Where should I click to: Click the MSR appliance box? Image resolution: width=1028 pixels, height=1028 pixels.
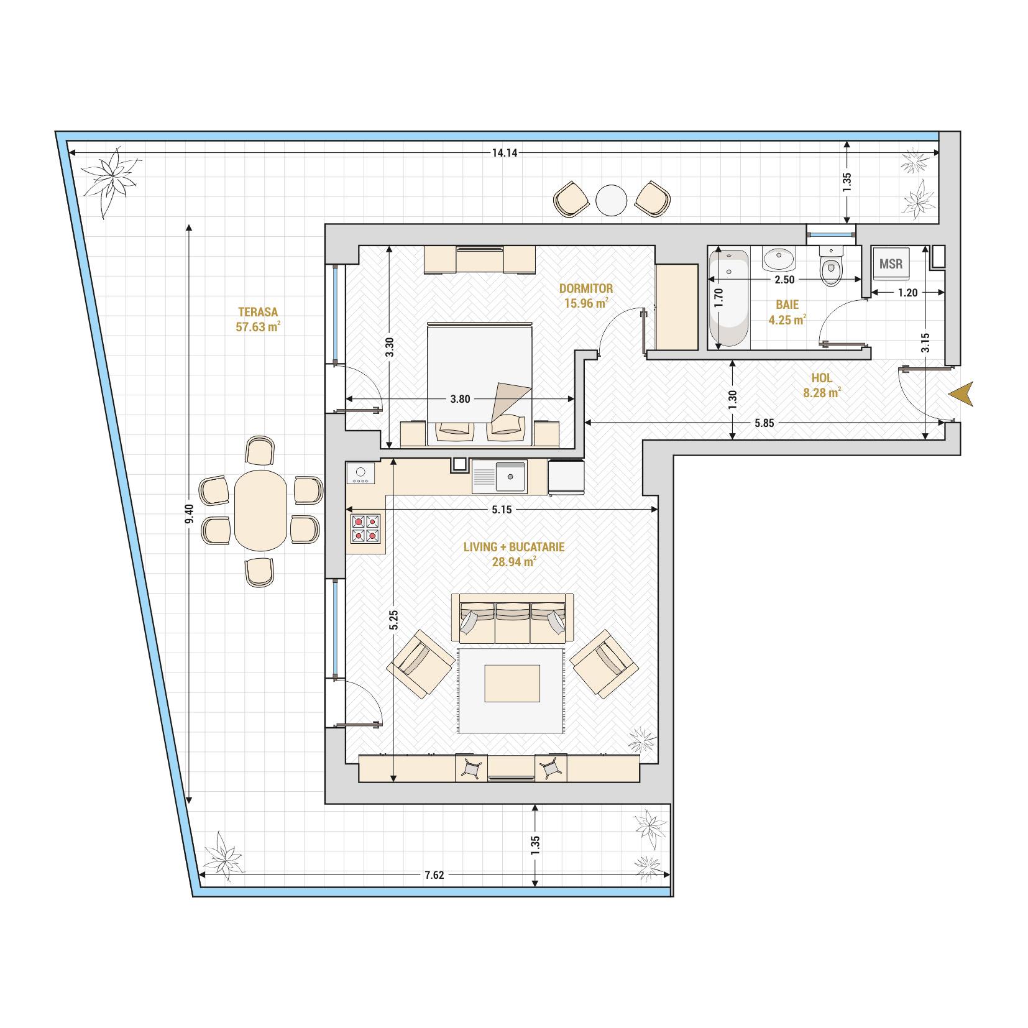click(x=891, y=264)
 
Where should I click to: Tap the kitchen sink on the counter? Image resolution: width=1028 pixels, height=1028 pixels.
click(x=499, y=477)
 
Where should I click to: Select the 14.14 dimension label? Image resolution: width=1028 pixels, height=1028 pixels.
click(x=505, y=153)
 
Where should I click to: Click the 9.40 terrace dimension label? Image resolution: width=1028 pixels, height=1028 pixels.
click(x=190, y=513)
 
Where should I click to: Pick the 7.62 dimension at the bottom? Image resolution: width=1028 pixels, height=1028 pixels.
click(x=434, y=875)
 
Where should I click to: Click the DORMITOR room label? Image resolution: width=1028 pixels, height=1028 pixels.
click(x=586, y=288)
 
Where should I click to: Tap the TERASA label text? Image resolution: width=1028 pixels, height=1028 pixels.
click(x=258, y=312)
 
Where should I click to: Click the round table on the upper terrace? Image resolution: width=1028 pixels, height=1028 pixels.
click(x=612, y=200)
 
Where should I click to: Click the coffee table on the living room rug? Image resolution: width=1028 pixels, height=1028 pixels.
click(x=512, y=683)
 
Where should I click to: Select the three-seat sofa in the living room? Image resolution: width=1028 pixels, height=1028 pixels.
click(x=513, y=618)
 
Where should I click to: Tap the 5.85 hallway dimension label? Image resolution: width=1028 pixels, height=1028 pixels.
click(x=764, y=423)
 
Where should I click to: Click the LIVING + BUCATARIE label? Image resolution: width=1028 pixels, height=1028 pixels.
click(x=514, y=547)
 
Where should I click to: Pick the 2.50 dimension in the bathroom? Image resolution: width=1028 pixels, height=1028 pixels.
click(x=784, y=280)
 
